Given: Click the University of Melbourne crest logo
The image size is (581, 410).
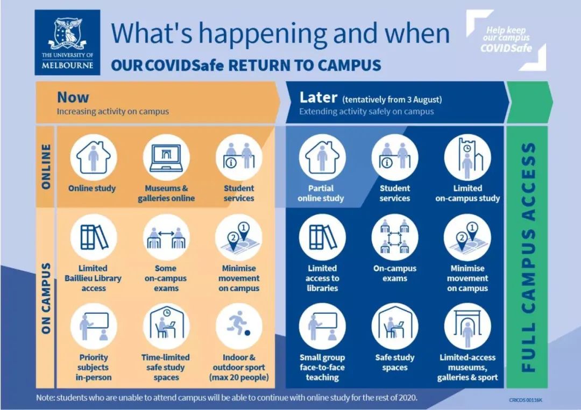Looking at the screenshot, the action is click(x=67, y=42).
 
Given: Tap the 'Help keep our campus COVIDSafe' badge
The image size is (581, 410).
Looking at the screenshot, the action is click(x=506, y=40).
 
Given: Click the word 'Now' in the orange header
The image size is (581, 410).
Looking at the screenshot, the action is click(x=73, y=97).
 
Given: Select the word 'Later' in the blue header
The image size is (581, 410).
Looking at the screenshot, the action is click(x=318, y=97).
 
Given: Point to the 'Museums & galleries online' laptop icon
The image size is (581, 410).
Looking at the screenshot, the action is click(x=166, y=157).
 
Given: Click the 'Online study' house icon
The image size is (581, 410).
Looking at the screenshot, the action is click(x=94, y=157).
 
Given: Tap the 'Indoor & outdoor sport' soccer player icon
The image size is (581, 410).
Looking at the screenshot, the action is click(x=239, y=326).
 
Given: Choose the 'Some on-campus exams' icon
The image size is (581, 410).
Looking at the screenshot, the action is click(x=166, y=238).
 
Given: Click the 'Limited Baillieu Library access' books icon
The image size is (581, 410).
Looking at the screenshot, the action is click(x=94, y=238).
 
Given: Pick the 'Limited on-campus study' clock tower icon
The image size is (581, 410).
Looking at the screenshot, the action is click(x=467, y=157).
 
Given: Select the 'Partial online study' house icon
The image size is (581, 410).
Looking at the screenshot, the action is click(x=322, y=157).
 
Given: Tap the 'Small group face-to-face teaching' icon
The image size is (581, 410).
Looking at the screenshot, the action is click(x=322, y=326).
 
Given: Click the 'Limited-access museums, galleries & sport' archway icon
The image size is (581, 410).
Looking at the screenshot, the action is click(x=467, y=326).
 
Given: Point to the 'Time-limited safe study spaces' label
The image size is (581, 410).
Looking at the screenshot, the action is click(x=166, y=368).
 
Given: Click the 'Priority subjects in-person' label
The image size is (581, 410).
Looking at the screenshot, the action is click(x=94, y=368).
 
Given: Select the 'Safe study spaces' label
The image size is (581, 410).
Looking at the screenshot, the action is click(x=395, y=362).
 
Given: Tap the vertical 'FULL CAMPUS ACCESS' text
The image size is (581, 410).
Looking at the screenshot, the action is click(x=528, y=257).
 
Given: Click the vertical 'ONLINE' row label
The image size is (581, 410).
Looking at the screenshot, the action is click(x=46, y=167).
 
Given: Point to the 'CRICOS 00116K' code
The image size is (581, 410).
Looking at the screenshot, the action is click(x=526, y=400).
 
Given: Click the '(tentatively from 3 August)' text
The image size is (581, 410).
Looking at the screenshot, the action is click(x=392, y=99).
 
